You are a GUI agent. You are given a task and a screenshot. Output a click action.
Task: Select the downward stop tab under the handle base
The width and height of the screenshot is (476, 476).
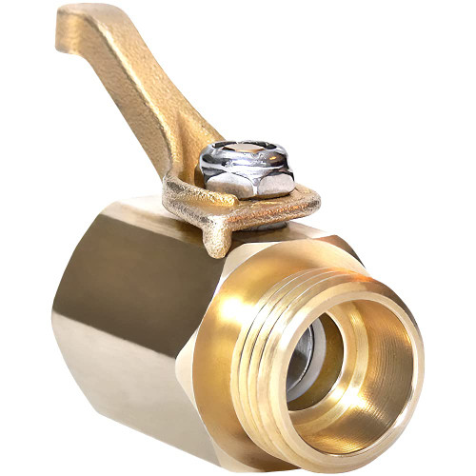(217, 238)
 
